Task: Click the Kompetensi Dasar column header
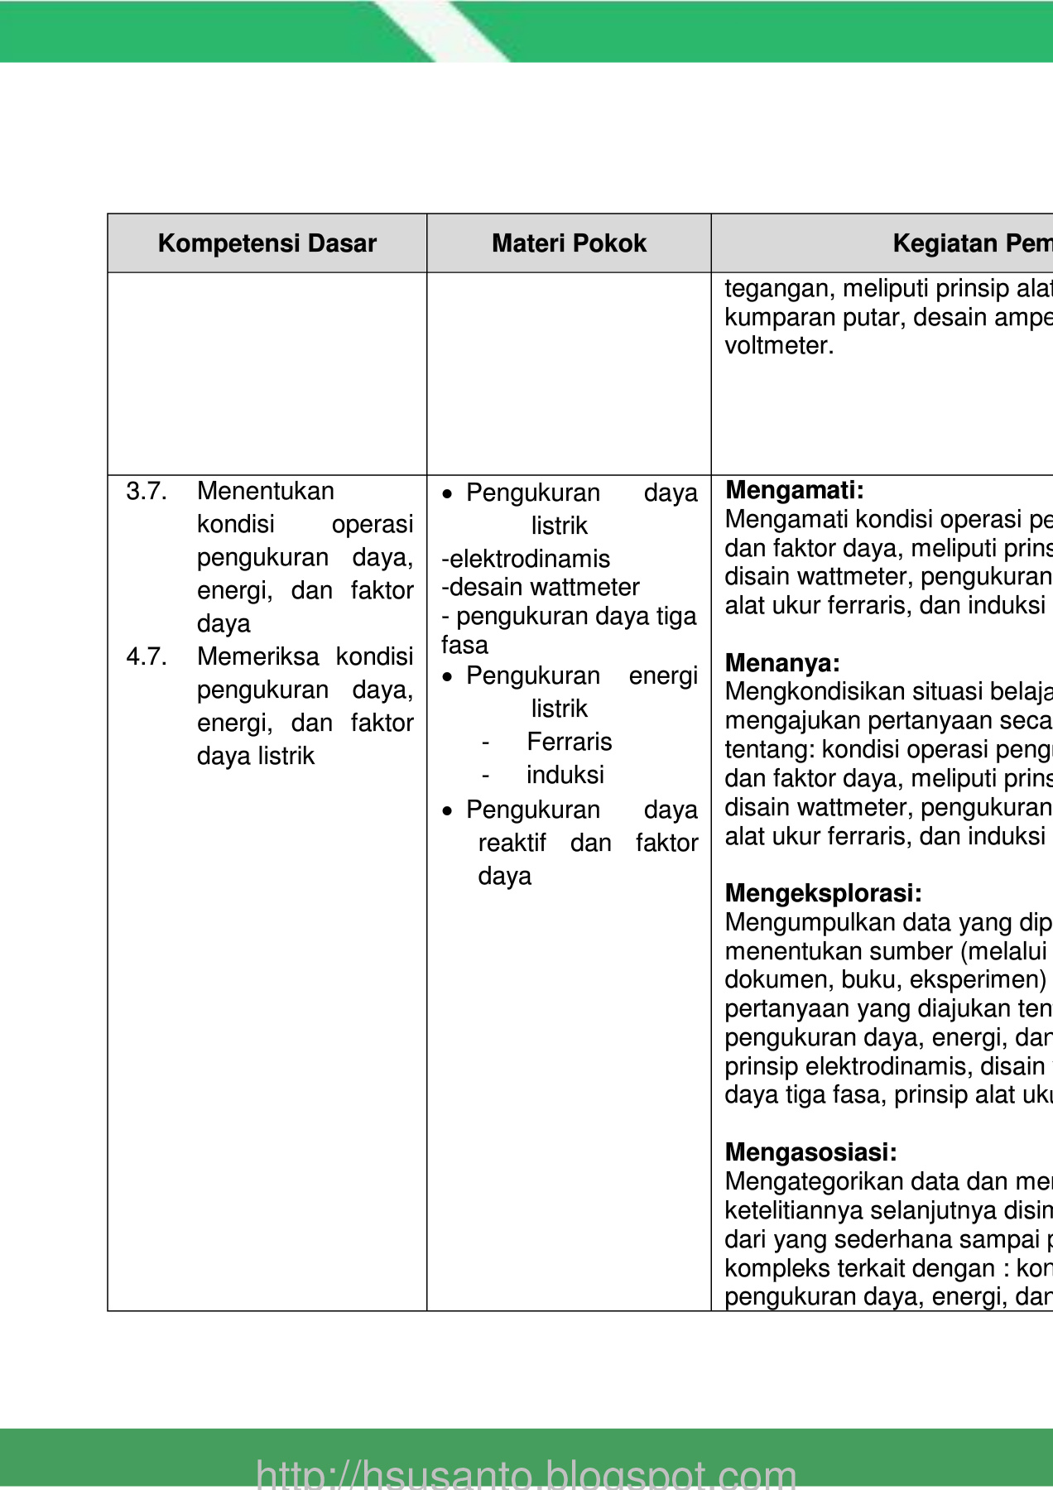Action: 267,243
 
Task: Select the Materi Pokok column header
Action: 569,243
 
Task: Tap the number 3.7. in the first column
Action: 147,491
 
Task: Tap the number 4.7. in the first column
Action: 147,656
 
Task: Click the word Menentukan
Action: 265,491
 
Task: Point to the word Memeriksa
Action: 257,656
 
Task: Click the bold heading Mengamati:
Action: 794,490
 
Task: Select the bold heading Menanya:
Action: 782,663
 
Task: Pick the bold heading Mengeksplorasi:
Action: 823,893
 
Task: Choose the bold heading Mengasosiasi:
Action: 810,1152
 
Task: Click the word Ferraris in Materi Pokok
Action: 570,742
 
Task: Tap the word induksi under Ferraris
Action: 565,775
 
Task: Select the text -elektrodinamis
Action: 526,559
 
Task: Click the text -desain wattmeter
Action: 541,587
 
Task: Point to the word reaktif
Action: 512,843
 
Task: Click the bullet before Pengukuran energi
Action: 448,677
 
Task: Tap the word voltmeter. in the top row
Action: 779,345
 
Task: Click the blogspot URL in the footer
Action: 526,1473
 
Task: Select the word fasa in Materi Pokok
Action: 464,645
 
